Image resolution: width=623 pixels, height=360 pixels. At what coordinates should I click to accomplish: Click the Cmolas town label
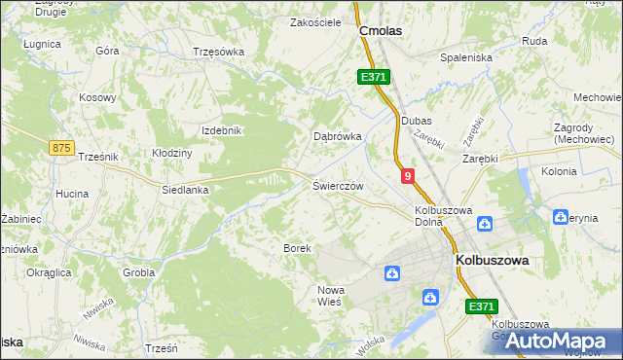[x=381, y=31]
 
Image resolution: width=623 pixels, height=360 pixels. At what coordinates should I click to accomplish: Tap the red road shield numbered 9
[x=407, y=175]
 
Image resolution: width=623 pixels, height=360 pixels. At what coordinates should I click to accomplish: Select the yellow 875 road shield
[x=61, y=147]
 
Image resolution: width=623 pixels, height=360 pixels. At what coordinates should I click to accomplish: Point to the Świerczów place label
[x=338, y=185]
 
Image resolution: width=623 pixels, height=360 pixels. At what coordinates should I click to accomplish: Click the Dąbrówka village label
[x=337, y=137]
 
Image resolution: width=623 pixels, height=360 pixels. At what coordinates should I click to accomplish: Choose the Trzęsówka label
[x=217, y=52]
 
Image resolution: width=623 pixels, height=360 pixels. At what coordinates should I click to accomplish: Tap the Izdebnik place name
[x=220, y=130]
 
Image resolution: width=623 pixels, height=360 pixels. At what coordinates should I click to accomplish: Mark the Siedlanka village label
[x=186, y=191]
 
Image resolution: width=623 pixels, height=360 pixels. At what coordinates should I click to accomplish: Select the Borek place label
[x=297, y=248]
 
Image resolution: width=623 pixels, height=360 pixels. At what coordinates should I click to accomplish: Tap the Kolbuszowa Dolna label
[x=443, y=215]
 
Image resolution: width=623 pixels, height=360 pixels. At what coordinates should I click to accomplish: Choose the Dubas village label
[x=416, y=120]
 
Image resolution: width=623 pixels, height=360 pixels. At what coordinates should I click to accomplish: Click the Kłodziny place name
[x=172, y=153]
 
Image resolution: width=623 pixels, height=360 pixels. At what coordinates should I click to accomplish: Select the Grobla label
[x=139, y=272]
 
